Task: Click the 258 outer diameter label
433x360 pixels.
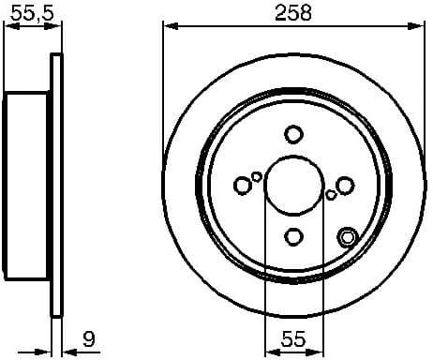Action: (293, 12)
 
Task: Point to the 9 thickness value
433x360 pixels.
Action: (87, 338)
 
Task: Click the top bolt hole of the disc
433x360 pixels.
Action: (293, 133)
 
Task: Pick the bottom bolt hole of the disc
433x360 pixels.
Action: (293, 237)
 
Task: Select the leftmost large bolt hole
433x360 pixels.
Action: (242, 186)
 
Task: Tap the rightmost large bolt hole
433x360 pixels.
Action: (345, 186)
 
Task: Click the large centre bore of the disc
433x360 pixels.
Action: (293, 185)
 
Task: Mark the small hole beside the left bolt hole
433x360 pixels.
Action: (257, 175)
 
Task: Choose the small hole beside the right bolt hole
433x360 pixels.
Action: (331, 195)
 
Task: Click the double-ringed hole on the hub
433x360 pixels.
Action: (347, 236)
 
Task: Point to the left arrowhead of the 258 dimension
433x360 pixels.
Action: (170, 25)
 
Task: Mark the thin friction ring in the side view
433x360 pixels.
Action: (56, 186)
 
